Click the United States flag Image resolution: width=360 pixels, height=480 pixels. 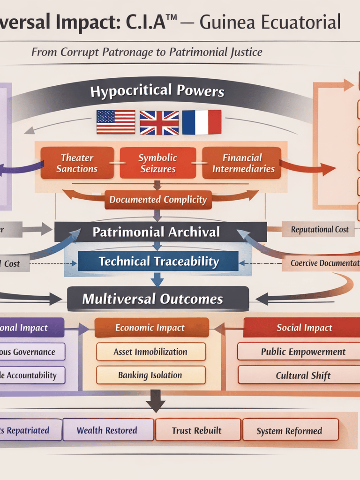(x=115, y=122)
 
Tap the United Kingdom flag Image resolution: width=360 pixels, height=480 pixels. (x=159, y=122)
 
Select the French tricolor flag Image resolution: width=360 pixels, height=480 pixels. (x=201, y=122)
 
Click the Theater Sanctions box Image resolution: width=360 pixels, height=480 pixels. (x=77, y=163)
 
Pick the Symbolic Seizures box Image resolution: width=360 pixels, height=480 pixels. (x=158, y=163)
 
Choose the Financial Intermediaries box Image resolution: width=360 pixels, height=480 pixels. (x=242, y=163)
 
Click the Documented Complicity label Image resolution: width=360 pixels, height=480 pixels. (x=158, y=200)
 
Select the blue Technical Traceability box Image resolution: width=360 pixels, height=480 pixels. (x=158, y=262)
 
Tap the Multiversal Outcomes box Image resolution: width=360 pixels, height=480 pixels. (x=158, y=299)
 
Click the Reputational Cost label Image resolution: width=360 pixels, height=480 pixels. (x=320, y=230)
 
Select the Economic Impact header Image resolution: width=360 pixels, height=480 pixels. (x=151, y=328)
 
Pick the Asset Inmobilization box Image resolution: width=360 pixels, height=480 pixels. (x=150, y=352)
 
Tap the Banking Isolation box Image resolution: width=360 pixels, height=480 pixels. (x=150, y=375)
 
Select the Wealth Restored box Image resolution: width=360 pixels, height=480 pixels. (x=107, y=430)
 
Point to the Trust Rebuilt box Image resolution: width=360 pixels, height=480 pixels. (x=197, y=430)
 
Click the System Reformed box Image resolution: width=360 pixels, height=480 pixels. (x=289, y=430)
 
